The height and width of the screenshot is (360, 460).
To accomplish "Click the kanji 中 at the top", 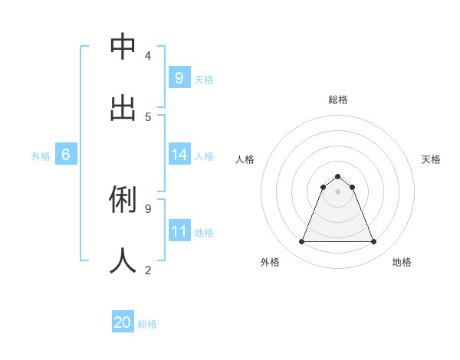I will coord(123,47).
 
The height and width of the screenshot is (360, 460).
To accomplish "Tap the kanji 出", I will coord(123,108).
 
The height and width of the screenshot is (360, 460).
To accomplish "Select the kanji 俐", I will coord(123,200).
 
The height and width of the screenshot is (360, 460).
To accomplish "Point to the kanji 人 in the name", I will coord(123,260).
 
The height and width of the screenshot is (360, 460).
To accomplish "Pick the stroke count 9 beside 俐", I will coord(147,208).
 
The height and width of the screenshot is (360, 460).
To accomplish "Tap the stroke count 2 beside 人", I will coord(147,269).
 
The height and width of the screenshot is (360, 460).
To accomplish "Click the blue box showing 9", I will coord(179,78).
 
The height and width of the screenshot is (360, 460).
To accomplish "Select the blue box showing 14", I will coord(179,155).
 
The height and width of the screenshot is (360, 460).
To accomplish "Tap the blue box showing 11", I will coord(179,231).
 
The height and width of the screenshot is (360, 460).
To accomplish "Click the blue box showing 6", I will coord(66,155).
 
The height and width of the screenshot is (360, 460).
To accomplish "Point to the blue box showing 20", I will coord(123,322).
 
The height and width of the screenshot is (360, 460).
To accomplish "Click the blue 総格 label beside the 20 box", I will coord(147,324).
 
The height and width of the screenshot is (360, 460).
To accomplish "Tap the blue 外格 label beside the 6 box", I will coord(41,156).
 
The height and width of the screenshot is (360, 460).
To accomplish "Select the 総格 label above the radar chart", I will coord(337,100).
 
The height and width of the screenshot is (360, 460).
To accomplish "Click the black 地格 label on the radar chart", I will coord(402,262).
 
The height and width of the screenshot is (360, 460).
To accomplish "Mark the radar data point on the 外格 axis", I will coord(301,242).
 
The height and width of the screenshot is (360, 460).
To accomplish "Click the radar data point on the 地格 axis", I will coord(373,242).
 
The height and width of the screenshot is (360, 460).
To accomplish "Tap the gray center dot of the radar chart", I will coord(337,191).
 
